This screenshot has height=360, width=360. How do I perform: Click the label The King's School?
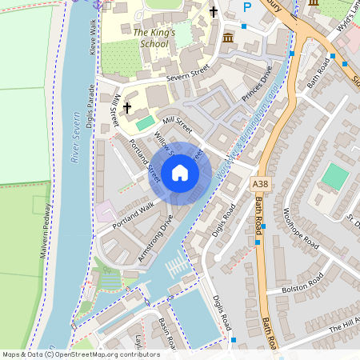[150, 38]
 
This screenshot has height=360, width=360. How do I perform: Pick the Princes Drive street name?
[258, 83]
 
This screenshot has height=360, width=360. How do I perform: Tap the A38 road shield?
[259, 185]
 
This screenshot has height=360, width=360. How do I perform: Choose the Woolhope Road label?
[300, 229]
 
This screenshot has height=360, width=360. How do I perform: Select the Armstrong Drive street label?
[155, 238]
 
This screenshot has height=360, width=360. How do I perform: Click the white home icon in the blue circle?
[180, 173]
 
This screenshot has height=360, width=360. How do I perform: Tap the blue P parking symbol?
[247, 7]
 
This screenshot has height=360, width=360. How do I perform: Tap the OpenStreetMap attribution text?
[80, 354]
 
